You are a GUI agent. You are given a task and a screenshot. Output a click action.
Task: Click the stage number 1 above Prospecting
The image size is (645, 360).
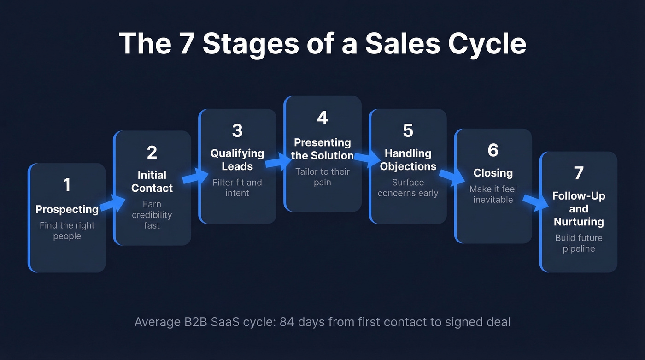(67, 185)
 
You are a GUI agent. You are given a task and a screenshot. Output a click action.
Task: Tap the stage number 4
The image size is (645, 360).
(322, 118)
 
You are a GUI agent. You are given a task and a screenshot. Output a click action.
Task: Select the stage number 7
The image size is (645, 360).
(579, 173)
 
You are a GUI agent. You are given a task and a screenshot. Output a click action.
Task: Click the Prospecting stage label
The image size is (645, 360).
(67, 209)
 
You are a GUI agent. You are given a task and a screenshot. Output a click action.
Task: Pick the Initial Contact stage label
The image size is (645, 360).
(152, 182)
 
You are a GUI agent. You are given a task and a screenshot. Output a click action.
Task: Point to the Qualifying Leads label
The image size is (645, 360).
(237, 159)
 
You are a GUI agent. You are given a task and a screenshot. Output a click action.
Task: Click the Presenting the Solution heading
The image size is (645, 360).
(322, 149)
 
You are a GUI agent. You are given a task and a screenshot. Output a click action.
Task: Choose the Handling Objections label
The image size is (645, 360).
(408, 159)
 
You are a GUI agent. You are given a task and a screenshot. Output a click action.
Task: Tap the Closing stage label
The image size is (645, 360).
(493, 173)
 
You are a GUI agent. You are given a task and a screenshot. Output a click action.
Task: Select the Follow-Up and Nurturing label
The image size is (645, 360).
(579, 209)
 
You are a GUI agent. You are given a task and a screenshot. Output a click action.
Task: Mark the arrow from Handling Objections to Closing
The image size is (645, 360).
(451, 177)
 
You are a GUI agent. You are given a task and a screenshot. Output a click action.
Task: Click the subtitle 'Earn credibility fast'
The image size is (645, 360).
(152, 215)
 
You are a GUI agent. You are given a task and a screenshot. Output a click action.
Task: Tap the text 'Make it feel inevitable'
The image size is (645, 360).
(493, 194)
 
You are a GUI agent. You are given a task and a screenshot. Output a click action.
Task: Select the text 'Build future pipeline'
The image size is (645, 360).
(579, 243)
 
